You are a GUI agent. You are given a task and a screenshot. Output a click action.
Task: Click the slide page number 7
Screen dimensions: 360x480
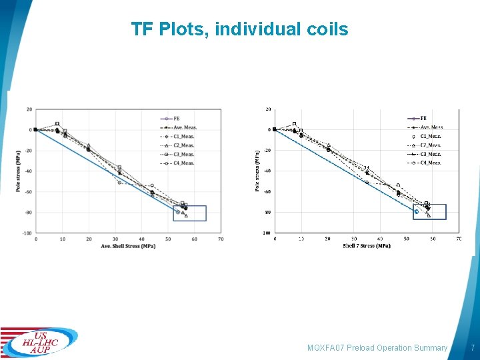[472, 348]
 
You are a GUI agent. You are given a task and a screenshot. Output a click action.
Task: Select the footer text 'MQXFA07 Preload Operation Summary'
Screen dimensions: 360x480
[377, 348]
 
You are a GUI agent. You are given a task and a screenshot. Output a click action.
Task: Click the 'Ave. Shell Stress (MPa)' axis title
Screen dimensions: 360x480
[128, 246]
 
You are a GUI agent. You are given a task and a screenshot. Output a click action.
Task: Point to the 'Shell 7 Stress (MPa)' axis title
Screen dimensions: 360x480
[367, 246]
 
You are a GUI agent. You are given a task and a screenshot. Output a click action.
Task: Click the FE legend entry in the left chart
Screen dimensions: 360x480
[178, 118]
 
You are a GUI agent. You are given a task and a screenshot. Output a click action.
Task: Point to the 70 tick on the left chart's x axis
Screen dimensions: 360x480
[221, 239]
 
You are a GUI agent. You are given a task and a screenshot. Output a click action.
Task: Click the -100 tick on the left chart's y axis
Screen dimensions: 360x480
[26, 233]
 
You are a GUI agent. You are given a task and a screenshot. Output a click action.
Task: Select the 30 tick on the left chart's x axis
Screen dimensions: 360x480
[115, 239]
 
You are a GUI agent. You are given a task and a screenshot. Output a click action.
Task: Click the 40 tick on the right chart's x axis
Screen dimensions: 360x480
[380, 239]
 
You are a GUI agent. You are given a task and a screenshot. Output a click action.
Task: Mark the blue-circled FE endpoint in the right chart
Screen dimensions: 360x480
[416, 212]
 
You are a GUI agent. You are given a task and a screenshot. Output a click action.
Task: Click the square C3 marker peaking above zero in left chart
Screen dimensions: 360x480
[57, 123]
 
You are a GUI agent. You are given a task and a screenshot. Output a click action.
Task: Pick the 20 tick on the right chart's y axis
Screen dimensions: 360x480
[268, 109]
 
